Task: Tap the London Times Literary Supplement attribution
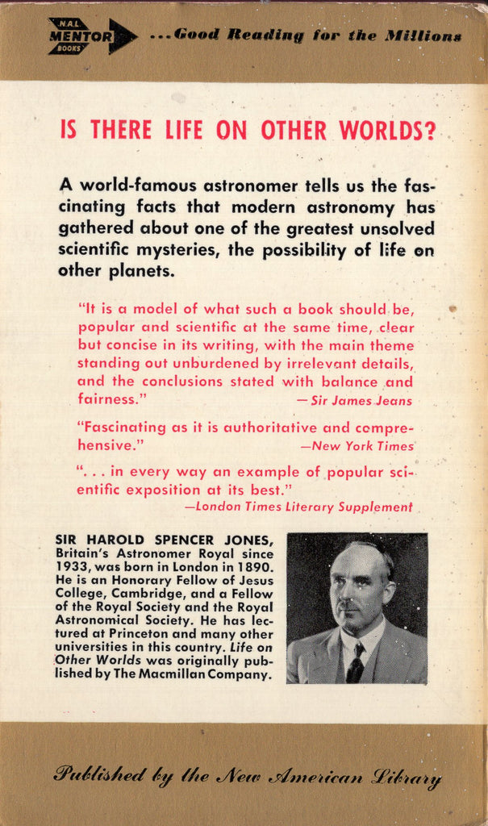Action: click(x=298, y=507)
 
